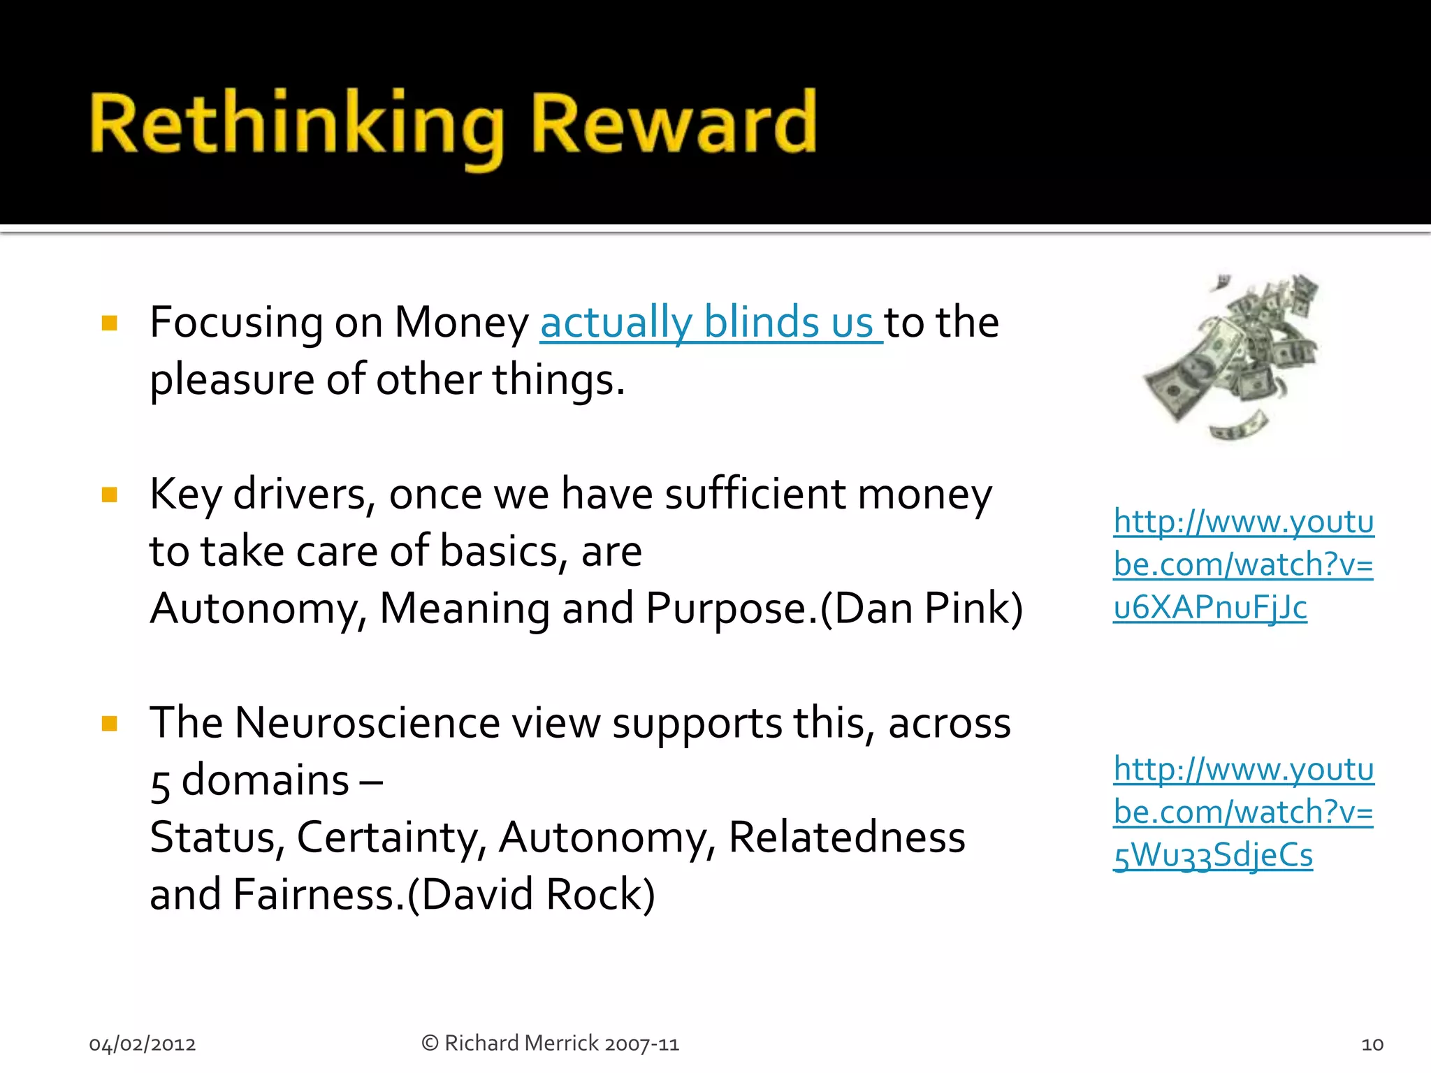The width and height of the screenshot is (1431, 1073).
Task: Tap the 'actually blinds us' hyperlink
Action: point(707,323)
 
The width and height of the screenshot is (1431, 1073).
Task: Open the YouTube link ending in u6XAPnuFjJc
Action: point(1243,564)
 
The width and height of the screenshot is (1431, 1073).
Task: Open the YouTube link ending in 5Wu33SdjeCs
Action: point(1243,812)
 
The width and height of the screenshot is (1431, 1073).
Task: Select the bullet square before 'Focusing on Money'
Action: point(110,323)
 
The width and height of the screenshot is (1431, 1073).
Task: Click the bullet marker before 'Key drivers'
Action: point(110,495)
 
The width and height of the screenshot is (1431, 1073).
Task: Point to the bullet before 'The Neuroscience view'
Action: point(110,723)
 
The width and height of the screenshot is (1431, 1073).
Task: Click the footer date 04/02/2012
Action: point(143,1044)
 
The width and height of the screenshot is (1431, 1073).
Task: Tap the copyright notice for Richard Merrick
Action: point(550,1044)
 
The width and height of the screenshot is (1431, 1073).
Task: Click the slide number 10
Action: point(1372,1044)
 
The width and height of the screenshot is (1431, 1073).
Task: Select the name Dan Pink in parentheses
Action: point(921,608)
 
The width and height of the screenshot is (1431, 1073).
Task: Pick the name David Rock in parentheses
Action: point(531,895)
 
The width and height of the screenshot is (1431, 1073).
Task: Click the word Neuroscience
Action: point(368,723)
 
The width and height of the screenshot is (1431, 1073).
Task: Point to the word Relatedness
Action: point(846,838)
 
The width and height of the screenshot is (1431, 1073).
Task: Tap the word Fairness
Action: point(314,895)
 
